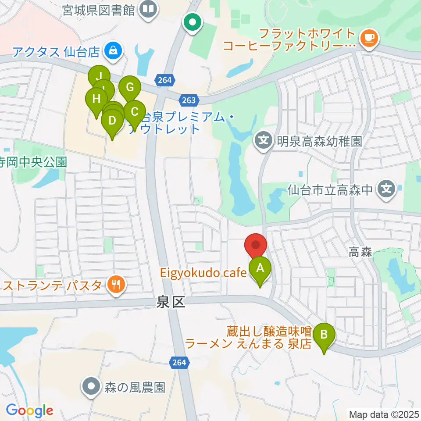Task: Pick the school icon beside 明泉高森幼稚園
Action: point(264,141)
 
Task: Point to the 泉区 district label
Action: point(171,302)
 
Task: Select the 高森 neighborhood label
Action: point(360,252)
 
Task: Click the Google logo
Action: point(29,410)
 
